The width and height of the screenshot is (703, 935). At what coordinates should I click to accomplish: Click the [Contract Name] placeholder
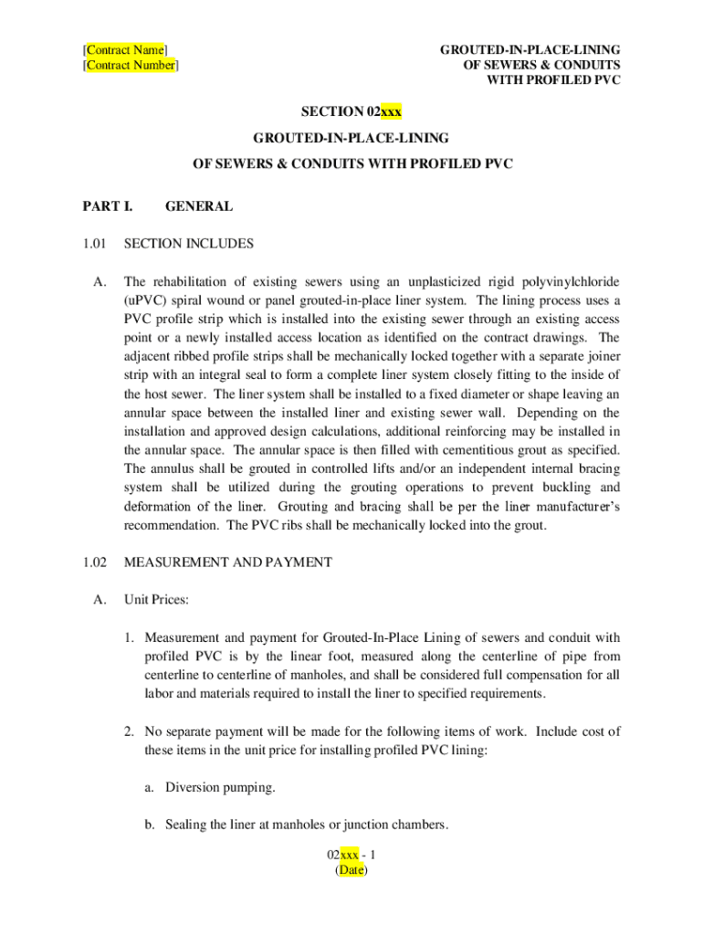125,49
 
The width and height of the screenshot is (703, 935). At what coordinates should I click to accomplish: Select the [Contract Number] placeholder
131,66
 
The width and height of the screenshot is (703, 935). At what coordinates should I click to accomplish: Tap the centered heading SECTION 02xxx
351,112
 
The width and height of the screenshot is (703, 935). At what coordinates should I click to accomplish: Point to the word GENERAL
198,206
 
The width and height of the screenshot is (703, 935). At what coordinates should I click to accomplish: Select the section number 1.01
95,244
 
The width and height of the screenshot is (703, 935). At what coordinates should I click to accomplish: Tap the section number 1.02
95,562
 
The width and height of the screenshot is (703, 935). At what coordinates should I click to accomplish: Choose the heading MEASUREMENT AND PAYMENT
228,562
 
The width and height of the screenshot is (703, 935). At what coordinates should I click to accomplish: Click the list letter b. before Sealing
149,825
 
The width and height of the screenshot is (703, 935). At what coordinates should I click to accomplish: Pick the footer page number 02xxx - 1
351,855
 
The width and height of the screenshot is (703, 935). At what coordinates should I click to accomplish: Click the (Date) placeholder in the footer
351,870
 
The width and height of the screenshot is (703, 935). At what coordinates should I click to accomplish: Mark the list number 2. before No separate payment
132,731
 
